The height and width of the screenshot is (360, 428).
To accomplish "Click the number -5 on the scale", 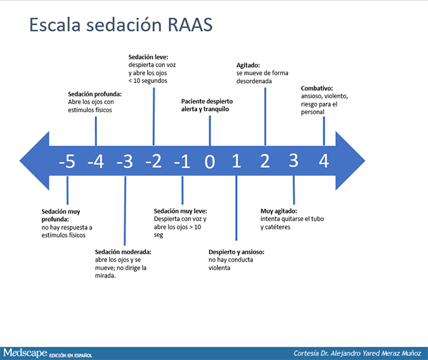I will (x=67, y=162).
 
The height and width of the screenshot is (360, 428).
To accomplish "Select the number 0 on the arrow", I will (x=209, y=162).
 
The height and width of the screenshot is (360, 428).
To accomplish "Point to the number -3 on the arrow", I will (x=124, y=162).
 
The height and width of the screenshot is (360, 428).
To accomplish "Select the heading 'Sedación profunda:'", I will (x=94, y=94).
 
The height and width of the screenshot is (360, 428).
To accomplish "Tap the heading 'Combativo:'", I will (x=316, y=88).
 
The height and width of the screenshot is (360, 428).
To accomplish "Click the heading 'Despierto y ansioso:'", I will (x=236, y=252).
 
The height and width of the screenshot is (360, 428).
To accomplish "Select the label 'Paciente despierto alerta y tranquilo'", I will (x=207, y=105).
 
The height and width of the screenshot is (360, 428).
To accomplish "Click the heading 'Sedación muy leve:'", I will (x=180, y=211).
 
